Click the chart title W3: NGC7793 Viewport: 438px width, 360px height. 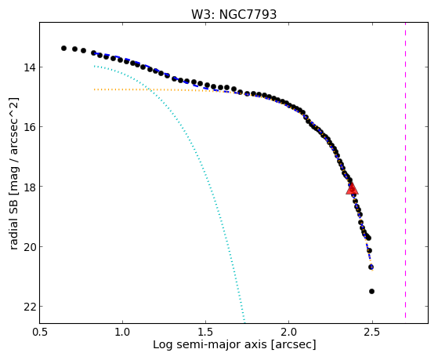tap(233, 15)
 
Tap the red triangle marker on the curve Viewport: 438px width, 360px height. tap(352, 189)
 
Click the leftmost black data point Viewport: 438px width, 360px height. tap(63, 48)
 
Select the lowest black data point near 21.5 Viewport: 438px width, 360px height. tap(371, 291)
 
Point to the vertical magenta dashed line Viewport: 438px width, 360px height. tap(405, 171)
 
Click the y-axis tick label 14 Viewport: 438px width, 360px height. tap(29, 67)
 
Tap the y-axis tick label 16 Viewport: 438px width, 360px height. tap(29, 127)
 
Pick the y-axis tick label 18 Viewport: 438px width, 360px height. tap(29, 187)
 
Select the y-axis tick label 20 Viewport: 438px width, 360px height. tap(29, 246)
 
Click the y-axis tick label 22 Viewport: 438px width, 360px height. tap(29, 307)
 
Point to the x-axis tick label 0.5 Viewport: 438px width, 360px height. tap(39, 332)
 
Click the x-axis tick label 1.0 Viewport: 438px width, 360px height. tap(122, 332)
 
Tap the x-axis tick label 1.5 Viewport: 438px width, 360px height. tap(205, 332)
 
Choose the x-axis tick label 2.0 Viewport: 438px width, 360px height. tap(289, 332)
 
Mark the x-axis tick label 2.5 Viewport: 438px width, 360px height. tap(372, 332)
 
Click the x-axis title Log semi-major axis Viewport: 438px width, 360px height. tap(210, 344)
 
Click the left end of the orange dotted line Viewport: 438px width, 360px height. tap(94, 89)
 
